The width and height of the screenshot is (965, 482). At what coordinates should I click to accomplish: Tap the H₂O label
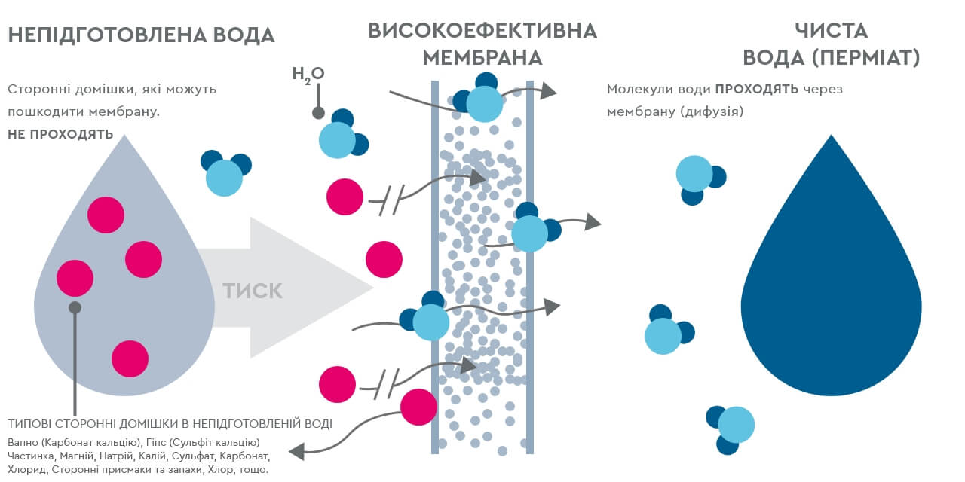click(x=308, y=74)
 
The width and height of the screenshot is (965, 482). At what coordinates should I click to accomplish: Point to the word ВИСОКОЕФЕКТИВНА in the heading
click(x=482, y=31)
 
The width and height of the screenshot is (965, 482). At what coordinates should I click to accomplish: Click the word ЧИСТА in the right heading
click(x=832, y=31)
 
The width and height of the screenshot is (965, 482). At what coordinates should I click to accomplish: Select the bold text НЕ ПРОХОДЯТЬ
click(x=60, y=136)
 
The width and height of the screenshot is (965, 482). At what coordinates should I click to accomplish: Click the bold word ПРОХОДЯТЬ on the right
click(x=756, y=90)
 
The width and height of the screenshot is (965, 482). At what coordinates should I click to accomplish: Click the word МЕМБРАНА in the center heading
click(x=482, y=58)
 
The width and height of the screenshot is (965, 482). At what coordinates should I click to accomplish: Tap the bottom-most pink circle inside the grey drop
click(x=130, y=358)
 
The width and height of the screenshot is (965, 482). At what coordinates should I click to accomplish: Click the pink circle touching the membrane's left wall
click(x=418, y=407)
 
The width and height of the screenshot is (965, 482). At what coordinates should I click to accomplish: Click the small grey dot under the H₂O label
click(x=318, y=114)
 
